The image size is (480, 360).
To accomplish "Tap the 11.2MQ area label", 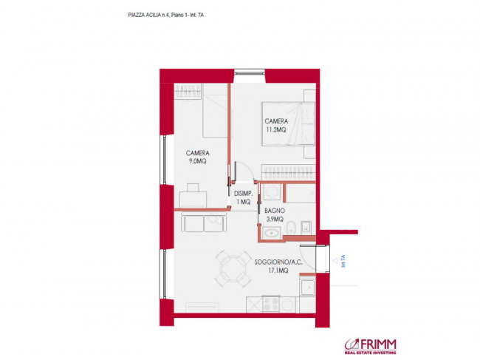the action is (x=276, y=129).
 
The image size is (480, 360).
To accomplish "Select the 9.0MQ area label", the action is (x=197, y=161).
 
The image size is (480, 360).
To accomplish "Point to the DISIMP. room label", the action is (x=244, y=194).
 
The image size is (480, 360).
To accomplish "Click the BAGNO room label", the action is (x=275, y=211).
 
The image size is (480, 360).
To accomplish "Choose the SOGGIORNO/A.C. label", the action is (x=278, y=262).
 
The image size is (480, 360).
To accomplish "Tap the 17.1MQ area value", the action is (x=278, y=271).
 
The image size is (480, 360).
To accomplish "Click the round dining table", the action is (x=233, y=269).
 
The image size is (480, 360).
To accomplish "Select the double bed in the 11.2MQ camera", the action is (x=288, y=123).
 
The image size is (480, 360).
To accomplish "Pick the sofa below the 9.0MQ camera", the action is (x=204, y=223).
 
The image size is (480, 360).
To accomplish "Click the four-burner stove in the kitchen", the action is (x=271, y=305).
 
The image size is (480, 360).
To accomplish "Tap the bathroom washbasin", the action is (x=270, y=233).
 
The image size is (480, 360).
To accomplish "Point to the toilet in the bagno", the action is (x=290, y=228).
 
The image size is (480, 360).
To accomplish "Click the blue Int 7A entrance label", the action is (x=343, y=261).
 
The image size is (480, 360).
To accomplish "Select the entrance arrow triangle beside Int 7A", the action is (x=335, y=261).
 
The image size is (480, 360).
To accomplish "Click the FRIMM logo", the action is (x=371, y=346).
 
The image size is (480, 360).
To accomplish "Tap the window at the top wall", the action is (x=250, y=72).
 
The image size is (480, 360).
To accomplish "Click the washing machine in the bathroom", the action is (x=272, y=192).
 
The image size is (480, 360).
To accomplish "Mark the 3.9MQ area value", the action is (x=275, y=219).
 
